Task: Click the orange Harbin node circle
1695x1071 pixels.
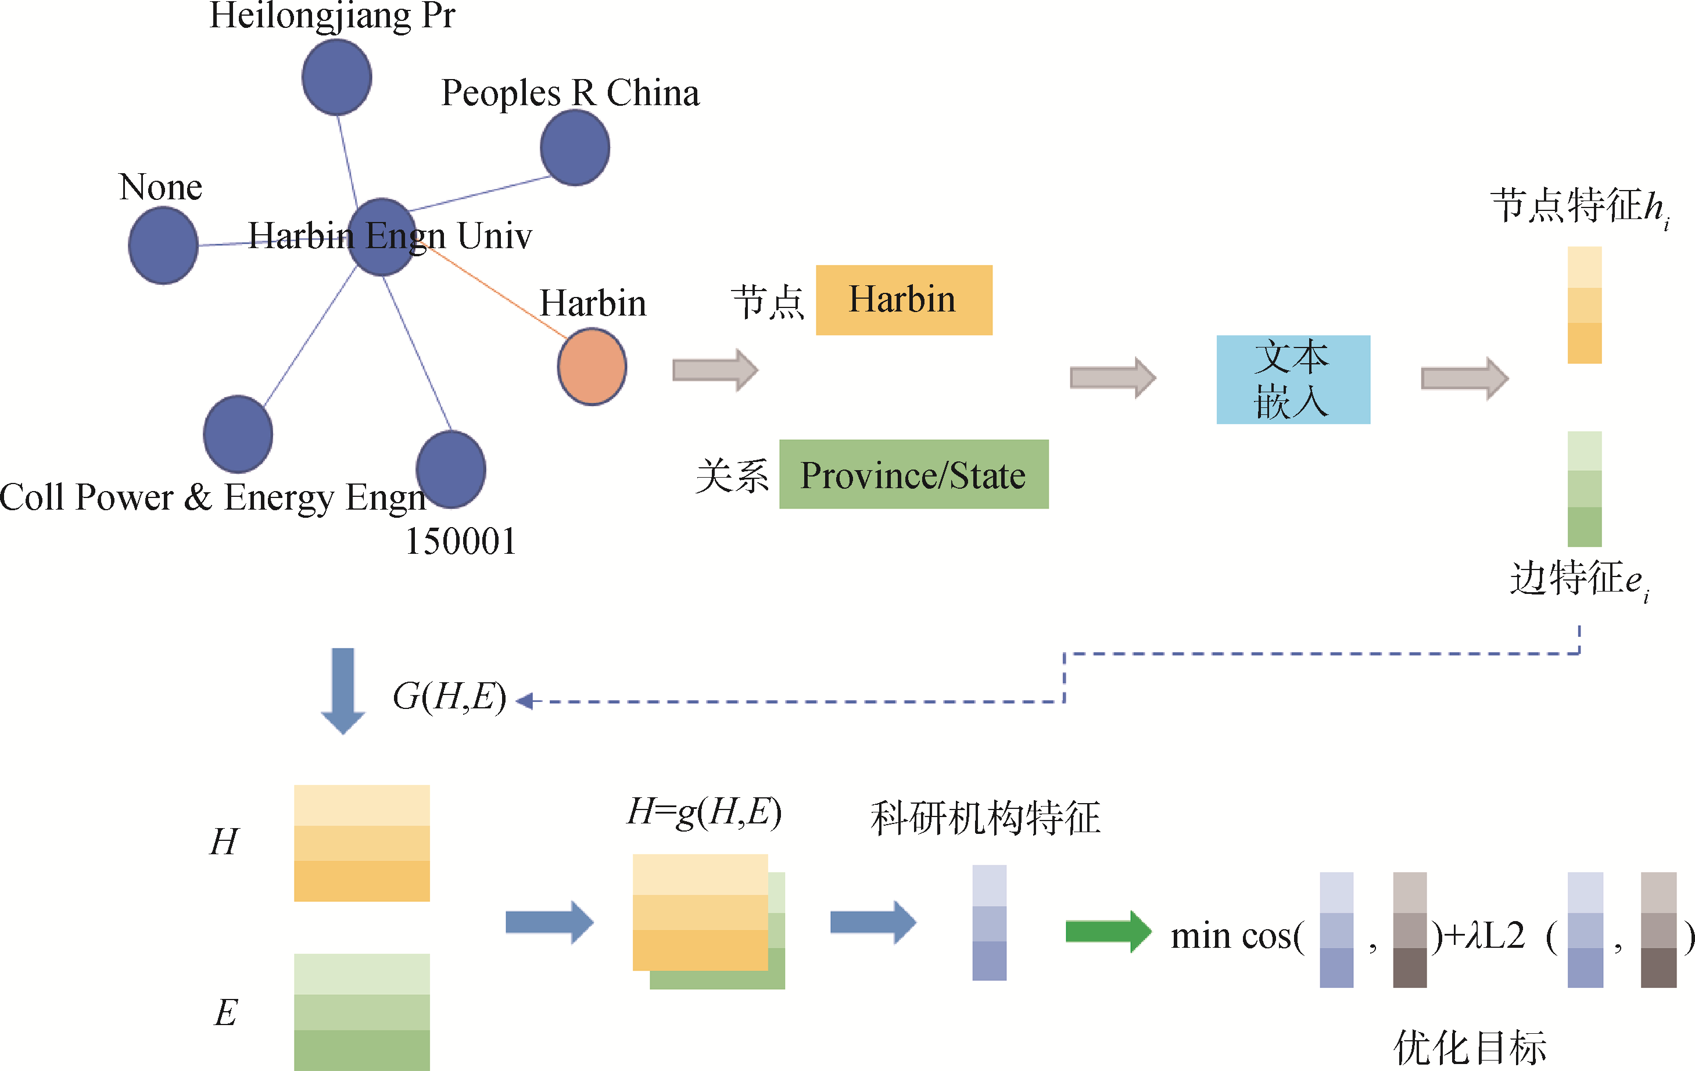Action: pos(592,367)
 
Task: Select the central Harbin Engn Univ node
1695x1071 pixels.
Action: pos(382,237)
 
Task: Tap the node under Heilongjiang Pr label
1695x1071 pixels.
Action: pos(336,77)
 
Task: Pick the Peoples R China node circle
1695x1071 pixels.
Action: pos(575,148)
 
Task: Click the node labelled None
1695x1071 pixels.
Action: pos(163,246)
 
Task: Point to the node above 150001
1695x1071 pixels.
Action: pos(450,469)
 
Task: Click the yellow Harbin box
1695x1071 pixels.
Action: pos(904,300)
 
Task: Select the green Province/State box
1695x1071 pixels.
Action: pos(913,475)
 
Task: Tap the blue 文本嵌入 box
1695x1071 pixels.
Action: pos(1293,379)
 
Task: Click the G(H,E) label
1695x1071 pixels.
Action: pos(449,697)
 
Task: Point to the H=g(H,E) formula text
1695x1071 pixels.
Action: pos(704,812)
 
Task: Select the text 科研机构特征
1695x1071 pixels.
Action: pos(985,818)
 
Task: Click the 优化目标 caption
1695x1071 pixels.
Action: pos(1470,1048)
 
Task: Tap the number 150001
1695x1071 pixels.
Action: pos(461,542)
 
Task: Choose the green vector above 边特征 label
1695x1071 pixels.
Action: pos(1585,489)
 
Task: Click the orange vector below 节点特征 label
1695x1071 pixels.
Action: pos(1585,305)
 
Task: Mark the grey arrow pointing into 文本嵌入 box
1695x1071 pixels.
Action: pos(1112,377)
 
